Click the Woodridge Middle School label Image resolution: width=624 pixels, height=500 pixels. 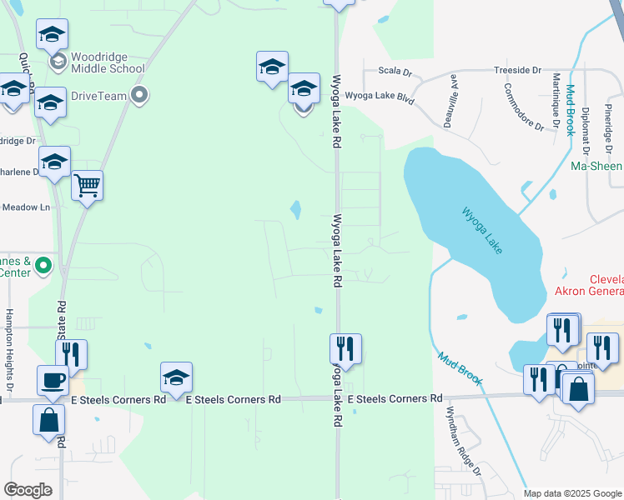pos(108,62)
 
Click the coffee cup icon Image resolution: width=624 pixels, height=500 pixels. pos(53,380)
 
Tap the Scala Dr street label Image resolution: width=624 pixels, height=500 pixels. pos(395,72)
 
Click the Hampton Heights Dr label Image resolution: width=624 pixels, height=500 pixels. pos(10,351)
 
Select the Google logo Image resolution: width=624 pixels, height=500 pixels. pos(28,490)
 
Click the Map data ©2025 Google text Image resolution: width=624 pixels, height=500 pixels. pos(572,493)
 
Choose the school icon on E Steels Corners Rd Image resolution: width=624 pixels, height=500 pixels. pos(177,377)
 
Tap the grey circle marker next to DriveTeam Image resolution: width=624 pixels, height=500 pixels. pos(140,95)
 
